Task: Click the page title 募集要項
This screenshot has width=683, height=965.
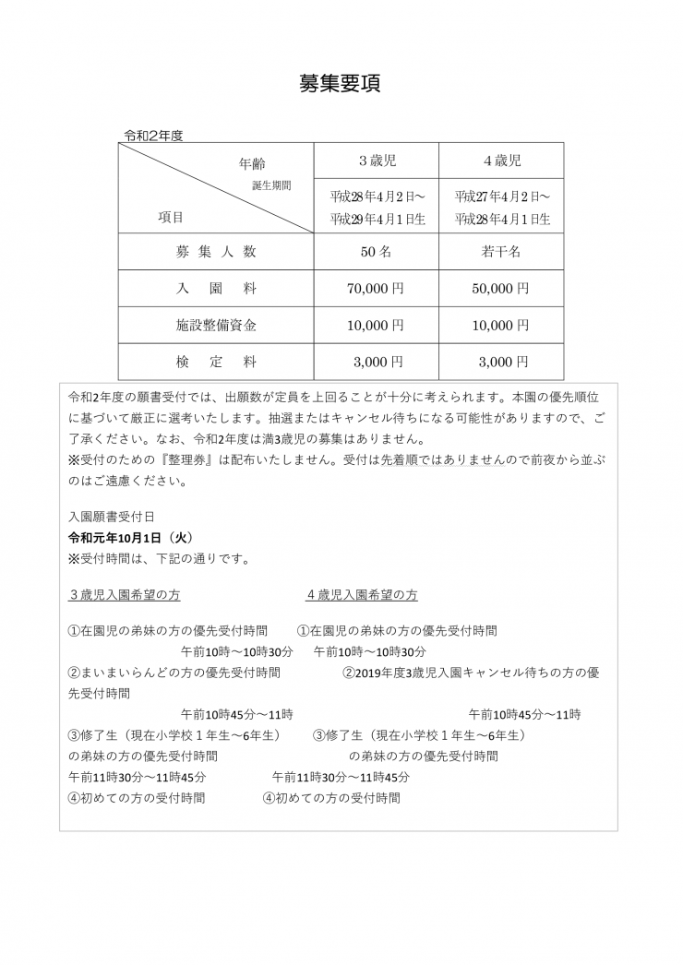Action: pyautogui.click(x=341, y=83)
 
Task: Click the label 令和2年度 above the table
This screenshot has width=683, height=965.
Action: pyautogui.click(x=154, y=135)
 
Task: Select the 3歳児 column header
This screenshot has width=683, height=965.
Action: pyautogui.click(x=377, y=161)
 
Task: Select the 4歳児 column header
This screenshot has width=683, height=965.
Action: pyautogui.click(x=502, y=161)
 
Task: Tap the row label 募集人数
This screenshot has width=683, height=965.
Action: pyautogui.click(x=216, y=251)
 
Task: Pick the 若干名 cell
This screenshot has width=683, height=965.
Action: pyautogui.click(x=502, y=251)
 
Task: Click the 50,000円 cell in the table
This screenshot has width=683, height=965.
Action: pyautogui.click(x=502, y=289)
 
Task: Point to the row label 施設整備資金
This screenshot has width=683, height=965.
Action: pyautogui.click(x=216, y=326)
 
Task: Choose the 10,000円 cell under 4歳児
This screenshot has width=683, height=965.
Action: pyautogui.click(x=502, y=326)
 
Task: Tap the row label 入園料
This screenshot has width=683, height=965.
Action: pyautogui.click(x=216, y=289)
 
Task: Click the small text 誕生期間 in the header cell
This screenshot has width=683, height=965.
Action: pyautogui.click(x=271, y=185)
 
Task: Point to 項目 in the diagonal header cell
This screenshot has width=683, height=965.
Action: pyautogui.click(x=171, y=218)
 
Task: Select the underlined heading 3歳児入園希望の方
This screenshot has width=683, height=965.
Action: pyautogui.click(x=131, y=595)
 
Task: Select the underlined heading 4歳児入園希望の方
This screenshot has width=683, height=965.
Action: pyautogui.click(x=362, y=595)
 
